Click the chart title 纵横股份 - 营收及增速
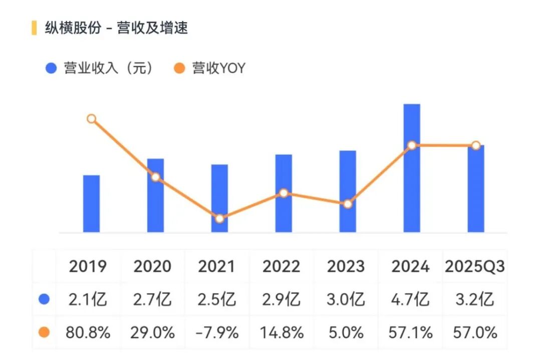pos(116,28)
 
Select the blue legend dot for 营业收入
pos(51,68)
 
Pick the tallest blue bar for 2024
pos(412,168)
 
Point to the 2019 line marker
pos(91,119)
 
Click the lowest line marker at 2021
pos(219,218)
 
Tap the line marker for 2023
pos(348,204)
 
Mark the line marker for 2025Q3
pos(476,145)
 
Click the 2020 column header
pos(152,266)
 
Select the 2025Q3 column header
pos(474,266)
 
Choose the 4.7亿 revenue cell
pos(410,299)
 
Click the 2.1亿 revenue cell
pos(88,299)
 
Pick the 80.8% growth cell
pos(88,332)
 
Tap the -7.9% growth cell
pos(216,332)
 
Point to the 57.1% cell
pos(410,332)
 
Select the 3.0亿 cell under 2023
pos(346,299)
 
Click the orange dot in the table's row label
pos(44,332)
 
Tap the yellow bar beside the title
pos(34,28)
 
